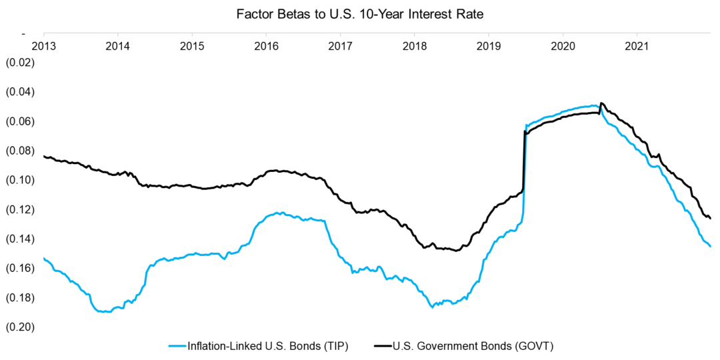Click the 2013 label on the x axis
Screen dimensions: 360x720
[x=43, y=47]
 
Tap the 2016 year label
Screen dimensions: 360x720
[x=266, y=47]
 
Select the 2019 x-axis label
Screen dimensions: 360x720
[x=489, y=47]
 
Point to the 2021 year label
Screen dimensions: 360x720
[x=637, y=47]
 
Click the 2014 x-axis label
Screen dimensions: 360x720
[x=117, y=47]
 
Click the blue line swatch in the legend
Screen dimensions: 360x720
[x=177, y=345]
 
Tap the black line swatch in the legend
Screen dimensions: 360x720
[x=383, y=345]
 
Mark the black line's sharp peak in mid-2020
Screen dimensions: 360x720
[x=601, y=103]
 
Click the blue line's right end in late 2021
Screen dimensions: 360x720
[x=710, y=247]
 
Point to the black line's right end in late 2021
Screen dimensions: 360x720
[x=710, y=218]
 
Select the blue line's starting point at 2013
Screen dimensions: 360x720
[x=44, y=259]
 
